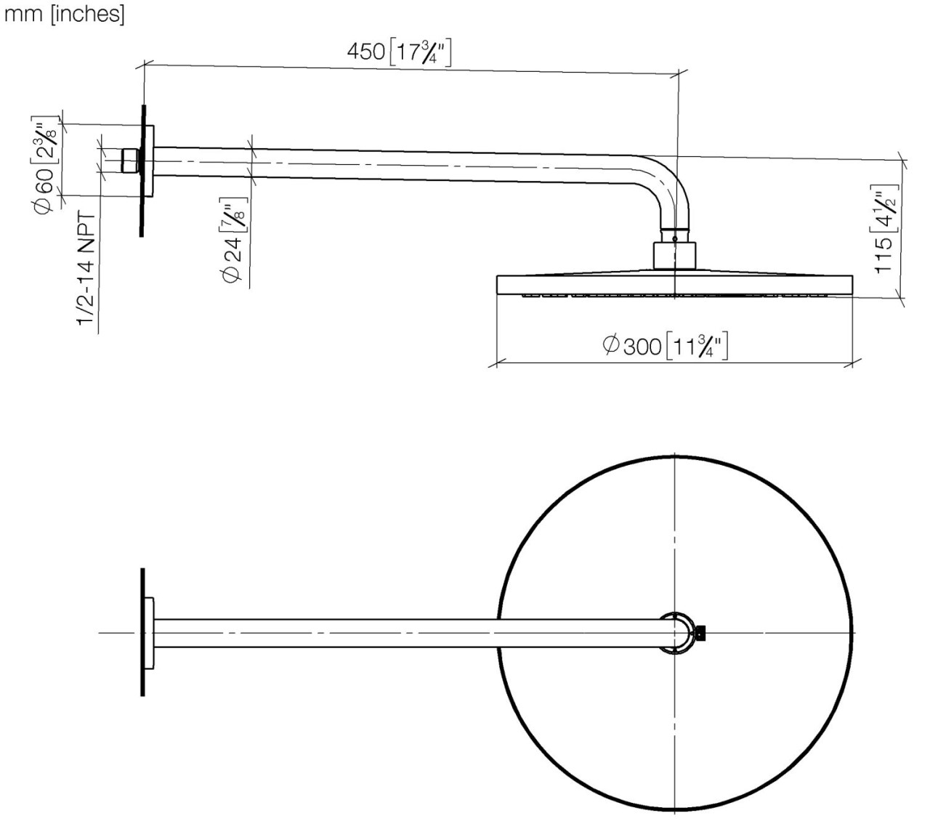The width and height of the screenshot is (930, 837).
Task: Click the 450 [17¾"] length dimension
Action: [399, 52]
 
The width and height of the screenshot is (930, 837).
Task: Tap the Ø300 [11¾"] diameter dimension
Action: [665, 345]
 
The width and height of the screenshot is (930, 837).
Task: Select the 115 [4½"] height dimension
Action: [884, 231]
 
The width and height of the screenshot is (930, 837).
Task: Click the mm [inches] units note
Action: [65, 15]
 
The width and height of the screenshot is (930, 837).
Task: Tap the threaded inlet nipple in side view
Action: [130, 161]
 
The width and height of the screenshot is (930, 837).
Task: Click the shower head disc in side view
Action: [674, 284]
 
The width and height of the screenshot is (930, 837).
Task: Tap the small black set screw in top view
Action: [700, 633]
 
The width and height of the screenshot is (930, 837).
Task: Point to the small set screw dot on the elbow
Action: [675, 238]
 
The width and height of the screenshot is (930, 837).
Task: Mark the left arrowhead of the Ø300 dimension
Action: [498, 363]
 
